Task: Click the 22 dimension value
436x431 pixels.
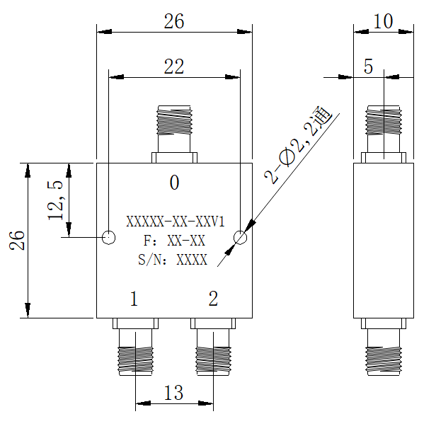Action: [174, 67]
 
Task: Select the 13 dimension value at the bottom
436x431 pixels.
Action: [174, 392]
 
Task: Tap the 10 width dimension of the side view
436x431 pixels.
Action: [383, 21]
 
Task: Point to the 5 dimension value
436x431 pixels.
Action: [368, 67]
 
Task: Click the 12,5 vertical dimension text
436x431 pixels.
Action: [55, 200]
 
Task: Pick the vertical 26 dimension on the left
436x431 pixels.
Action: [17, 240]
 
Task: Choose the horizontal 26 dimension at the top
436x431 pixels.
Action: [174, 21]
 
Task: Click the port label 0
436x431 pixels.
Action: [174, 183]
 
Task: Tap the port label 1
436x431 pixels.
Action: [134, 299]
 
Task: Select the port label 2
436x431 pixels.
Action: [213, 299]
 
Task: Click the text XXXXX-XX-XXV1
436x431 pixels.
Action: [176, 222]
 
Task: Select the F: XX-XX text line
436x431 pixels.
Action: [174, 241]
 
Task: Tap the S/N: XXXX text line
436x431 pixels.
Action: [173, 260]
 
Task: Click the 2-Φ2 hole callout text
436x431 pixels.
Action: [298, 145]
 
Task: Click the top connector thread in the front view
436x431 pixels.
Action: [174, 122]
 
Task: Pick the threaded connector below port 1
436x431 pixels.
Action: [135, 360]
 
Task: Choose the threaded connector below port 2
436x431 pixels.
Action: [213, 360]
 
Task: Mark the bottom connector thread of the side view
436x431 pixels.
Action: [384, 360]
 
